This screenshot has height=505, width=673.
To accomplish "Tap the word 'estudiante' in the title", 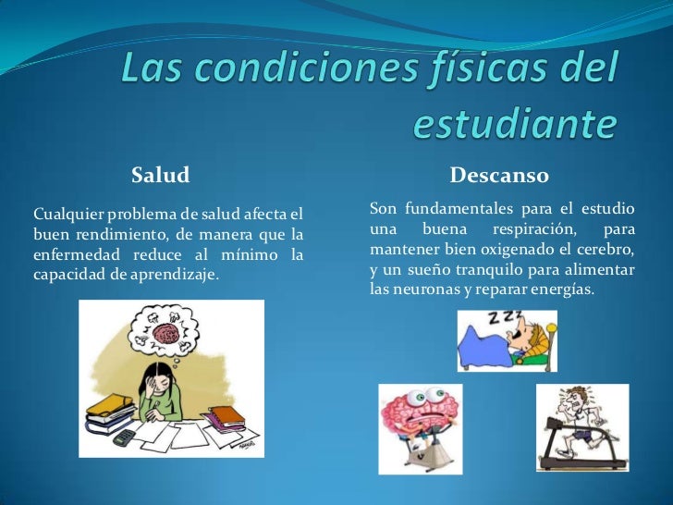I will point(513,124).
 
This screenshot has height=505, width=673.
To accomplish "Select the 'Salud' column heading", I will point(160,175).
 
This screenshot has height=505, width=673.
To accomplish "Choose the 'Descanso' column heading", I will point(499,175).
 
